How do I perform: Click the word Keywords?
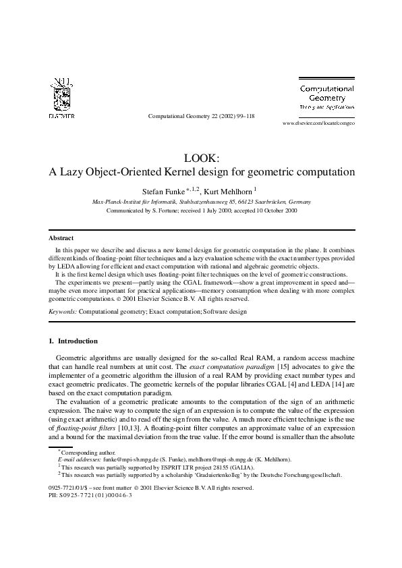pos(62,312)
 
